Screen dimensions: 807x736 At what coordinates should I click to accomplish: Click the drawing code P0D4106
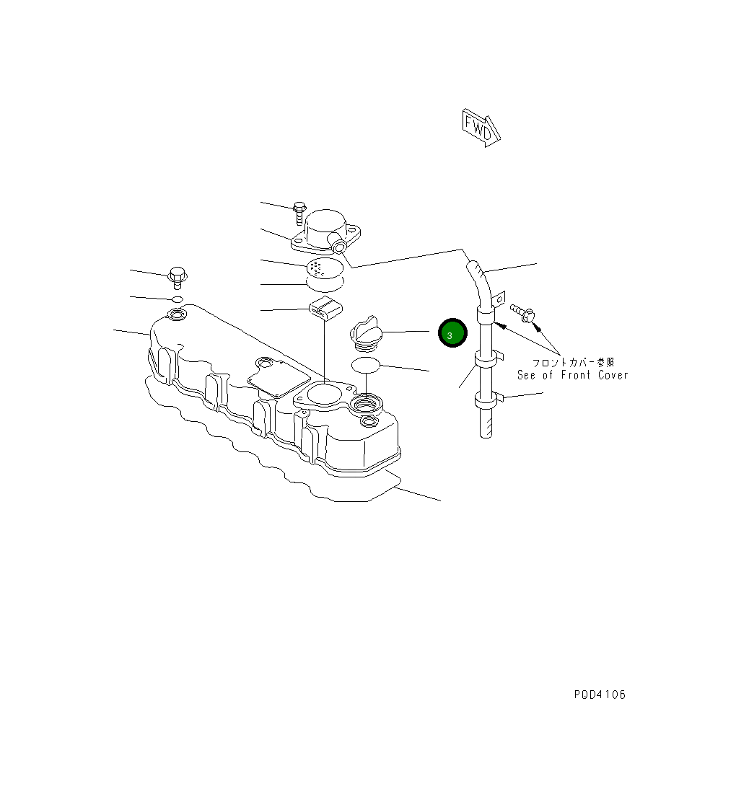pyautogui.click(x=600, y=694)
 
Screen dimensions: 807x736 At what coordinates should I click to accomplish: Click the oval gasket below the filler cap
pyautogui.click(x=366, y=365)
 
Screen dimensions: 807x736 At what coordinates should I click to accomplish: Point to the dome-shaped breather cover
pyautogui.click(x=326, y=226)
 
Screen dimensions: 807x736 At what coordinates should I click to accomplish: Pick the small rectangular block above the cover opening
pyautogui.click(x=325, y=308)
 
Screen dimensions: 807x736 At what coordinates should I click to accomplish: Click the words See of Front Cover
pyautogui.click(x=572, y=375)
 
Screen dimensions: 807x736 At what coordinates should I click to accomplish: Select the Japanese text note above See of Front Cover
pyautogui.click(x=574, y=363)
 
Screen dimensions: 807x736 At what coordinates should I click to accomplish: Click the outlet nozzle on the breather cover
pyautogui.click(x=340, y=248)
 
